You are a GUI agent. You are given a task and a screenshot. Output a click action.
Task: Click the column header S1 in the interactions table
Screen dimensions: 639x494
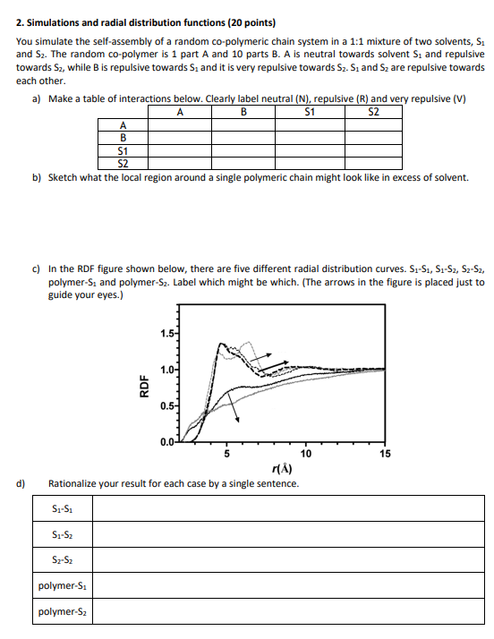pos(310,112)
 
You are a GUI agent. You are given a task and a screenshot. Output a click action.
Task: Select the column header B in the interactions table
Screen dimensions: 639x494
pos(243,112)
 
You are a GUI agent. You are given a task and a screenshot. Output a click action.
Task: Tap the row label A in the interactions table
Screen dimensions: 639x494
pos(122,124)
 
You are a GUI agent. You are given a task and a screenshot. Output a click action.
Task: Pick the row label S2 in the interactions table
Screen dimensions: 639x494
pos(122,164)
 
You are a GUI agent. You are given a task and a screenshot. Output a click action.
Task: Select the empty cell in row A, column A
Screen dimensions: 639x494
pos(180,124)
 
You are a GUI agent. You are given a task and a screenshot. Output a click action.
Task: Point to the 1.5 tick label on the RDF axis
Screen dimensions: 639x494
pos(167,335)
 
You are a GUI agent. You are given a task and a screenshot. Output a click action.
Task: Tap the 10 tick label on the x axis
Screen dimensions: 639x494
pos(306,454)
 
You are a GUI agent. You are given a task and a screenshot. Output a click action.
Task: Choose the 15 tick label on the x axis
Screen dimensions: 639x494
pos(386,454)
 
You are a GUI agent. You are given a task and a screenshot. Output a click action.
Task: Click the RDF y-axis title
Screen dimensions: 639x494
pos(143,388)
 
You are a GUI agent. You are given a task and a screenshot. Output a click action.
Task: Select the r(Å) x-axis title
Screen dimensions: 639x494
pos(280,468)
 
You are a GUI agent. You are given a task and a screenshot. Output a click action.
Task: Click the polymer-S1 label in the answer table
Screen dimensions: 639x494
pos(62,587)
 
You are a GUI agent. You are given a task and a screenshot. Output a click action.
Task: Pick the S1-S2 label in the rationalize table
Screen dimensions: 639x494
pos(62,535)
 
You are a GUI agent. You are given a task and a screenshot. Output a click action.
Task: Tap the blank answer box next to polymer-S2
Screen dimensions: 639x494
pos(287,613)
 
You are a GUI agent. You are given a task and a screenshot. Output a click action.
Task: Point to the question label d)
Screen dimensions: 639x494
pos(21,483)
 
